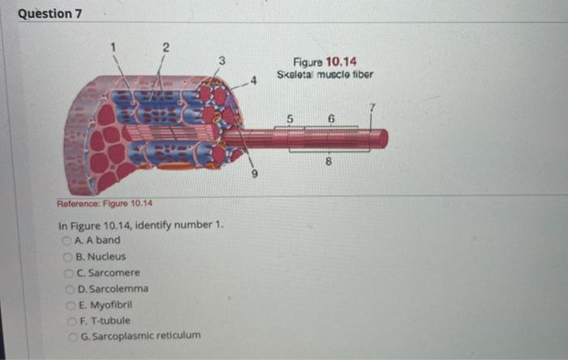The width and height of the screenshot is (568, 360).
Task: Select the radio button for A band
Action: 67,241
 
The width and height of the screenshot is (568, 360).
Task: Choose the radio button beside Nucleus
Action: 67,256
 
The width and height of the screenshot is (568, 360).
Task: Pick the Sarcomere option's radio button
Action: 69,272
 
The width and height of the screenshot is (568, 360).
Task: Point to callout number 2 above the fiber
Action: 166,47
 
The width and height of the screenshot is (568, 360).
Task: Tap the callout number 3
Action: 221,60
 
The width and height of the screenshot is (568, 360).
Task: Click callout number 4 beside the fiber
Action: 254,79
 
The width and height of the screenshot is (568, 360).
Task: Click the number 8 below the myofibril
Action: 329,161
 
